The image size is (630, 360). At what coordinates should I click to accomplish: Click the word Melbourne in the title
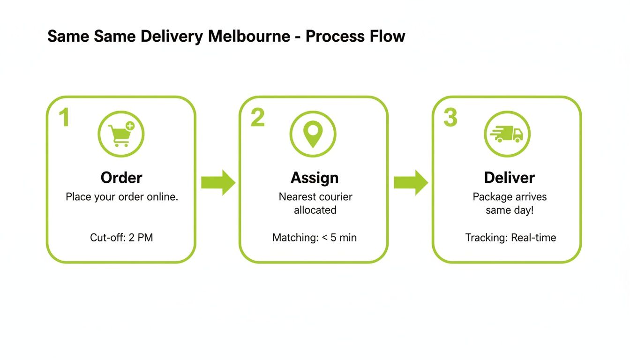click(249, 36)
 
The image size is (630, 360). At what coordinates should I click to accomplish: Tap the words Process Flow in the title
click(355, 36)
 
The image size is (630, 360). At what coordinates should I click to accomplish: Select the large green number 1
click(64, 118)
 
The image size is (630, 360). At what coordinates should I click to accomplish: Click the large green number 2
click(257, 118)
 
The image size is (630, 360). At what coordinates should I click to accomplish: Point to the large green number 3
click(450, 118)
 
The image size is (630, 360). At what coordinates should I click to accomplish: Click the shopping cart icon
click(121, 134)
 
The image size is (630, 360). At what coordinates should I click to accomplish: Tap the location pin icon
click(313, 134)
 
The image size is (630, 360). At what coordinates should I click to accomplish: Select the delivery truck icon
click(506, 134)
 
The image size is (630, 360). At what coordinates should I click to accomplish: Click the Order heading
click(121, 178)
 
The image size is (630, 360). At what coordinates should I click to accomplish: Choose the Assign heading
click(315, 178)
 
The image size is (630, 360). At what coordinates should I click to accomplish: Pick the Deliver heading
click(509, 178)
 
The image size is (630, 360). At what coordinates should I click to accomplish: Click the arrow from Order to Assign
click(218, 183)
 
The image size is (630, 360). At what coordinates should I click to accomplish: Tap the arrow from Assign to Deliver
click(411, 183)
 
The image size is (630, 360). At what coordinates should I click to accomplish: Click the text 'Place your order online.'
click(122, 197)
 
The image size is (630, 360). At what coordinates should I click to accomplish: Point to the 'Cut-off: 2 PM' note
click(121, 238)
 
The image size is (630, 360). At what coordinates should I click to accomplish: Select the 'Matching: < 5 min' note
click(315, 238)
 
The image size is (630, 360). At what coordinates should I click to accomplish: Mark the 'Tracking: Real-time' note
click(510, 238)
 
